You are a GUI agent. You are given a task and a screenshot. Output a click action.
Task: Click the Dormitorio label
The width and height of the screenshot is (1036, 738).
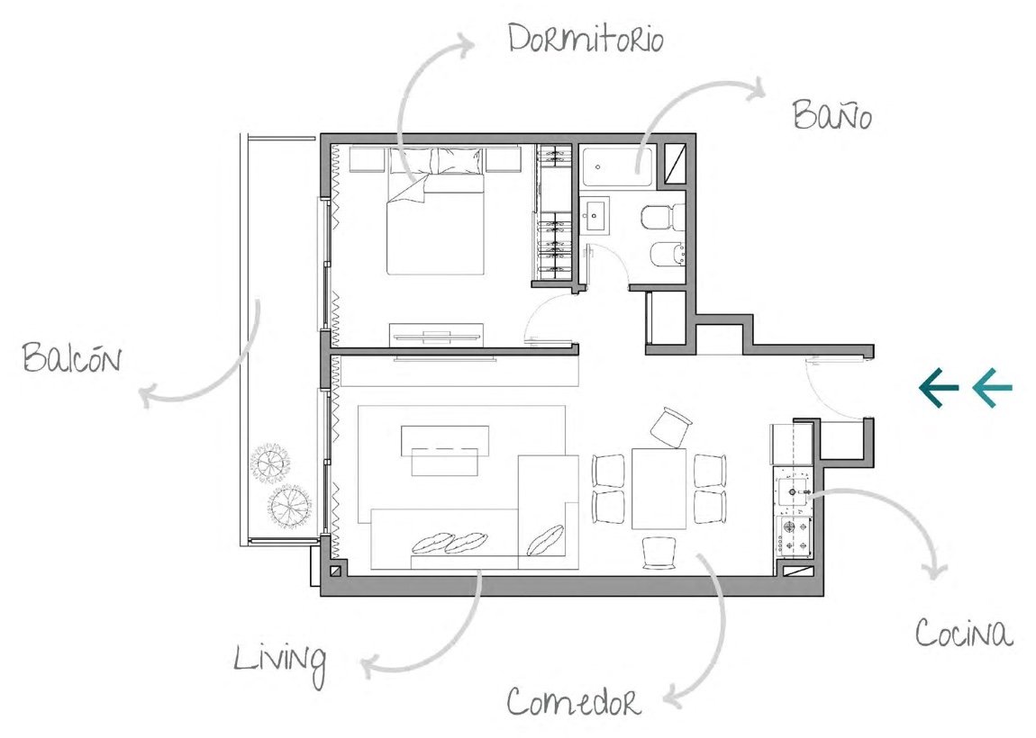(x=586, y=39)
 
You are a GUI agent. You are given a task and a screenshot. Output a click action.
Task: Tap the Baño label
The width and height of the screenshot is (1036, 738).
(x=832, y=114)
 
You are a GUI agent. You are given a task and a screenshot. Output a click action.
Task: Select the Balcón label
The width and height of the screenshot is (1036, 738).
(x=72, y=358)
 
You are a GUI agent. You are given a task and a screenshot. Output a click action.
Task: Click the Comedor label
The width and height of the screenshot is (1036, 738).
(x=574, y=702)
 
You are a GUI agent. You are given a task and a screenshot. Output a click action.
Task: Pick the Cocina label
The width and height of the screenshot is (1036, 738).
(x=963, y=633)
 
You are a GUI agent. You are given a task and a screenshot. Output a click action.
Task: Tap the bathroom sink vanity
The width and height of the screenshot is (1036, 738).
(x=596, y=215)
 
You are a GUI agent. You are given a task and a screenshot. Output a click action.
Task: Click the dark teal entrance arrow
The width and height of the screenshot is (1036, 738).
(x=938, y=388)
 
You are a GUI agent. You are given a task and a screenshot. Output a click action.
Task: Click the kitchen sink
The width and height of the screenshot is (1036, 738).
(x=795, y=491)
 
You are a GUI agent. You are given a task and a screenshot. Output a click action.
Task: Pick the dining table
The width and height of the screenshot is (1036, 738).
(x=659, y=489)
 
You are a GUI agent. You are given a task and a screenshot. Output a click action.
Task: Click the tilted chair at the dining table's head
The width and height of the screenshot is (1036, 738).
(x=671, y=427)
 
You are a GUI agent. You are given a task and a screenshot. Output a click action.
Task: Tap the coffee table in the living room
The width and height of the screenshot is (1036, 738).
(x=445, y=451)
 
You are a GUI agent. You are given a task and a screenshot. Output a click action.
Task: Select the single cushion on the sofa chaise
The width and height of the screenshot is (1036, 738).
(x=545, y=541)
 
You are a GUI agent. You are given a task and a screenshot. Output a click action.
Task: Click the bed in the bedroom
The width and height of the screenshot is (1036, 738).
(x=435, y=211)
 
